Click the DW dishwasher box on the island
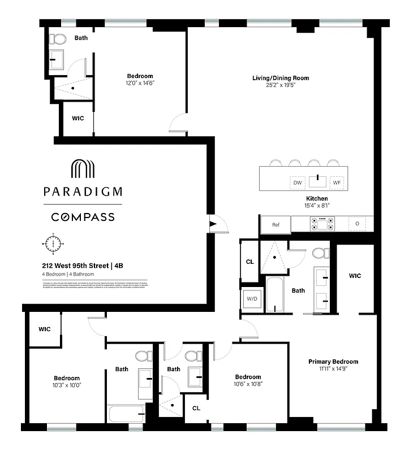[x=297, y=182]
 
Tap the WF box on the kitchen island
[x=337, y=182]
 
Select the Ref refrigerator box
[x=275, y=224]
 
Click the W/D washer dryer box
[x=251, y=299]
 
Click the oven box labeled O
[x=357, y=224]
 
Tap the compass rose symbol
[x=54, y=244]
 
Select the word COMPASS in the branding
[x=83, y=217]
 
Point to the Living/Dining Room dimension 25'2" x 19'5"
[x=281, y=85]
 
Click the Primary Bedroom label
[x=333, y=362]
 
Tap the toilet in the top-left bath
[x=57, y=39]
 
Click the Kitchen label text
[x=317, y=199]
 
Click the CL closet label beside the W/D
[x=249, y=262]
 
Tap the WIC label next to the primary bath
[x=355, y=276]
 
